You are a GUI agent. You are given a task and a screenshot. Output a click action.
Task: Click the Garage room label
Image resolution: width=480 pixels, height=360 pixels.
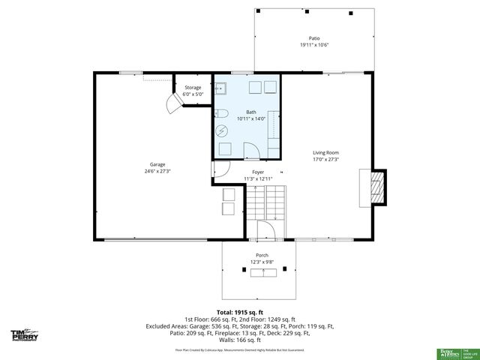157,164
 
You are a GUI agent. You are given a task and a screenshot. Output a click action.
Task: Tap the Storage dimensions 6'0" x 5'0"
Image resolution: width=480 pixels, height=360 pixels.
193,94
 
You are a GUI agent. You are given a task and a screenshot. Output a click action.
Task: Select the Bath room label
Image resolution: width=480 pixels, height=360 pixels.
250,112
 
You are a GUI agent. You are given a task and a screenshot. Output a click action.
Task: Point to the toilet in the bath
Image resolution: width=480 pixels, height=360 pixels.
222,114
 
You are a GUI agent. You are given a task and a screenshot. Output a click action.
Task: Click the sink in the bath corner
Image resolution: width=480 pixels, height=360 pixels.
220,88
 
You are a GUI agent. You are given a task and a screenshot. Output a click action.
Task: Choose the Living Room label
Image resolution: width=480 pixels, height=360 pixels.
325,153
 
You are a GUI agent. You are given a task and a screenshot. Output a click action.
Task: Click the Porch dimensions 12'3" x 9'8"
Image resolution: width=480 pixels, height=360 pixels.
262,261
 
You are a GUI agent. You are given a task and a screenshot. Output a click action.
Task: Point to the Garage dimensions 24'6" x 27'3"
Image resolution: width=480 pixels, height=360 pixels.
157,171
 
